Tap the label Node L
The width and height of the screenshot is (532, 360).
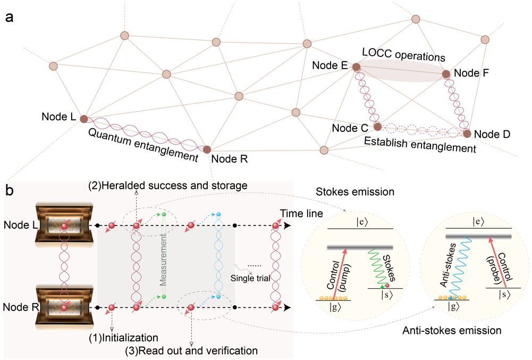point(18,225)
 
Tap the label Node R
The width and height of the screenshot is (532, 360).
point(18,307)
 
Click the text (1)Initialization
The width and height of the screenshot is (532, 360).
point(123,338)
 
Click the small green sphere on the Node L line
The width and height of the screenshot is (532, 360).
point(164,214)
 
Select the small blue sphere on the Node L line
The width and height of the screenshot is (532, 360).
point(218,214)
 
